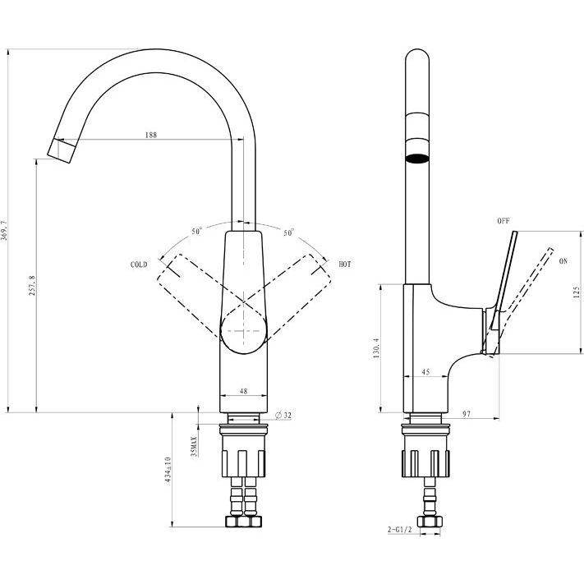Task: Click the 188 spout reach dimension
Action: [151, 135]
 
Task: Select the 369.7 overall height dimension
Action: [4, 230]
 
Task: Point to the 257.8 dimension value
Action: [32, 286]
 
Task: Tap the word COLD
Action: [139, 264]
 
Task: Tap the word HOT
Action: [345, 264]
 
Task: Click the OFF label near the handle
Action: [504, 221]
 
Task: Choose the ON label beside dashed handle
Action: [563, 261]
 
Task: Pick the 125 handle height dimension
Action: [577, 292]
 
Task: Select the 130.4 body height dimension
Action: [376, 348]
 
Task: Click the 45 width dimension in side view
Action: [425, 372]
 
